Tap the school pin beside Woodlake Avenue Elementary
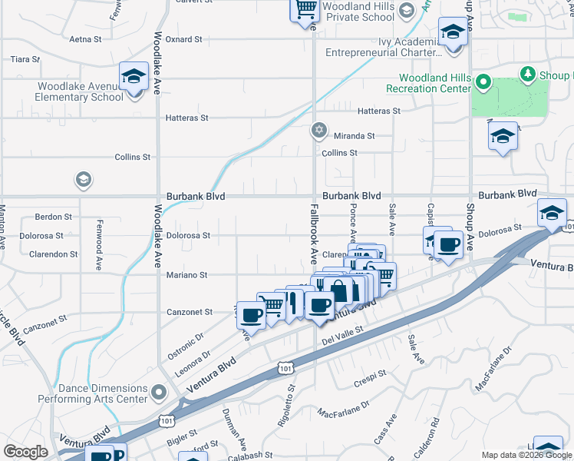tap(134, 78)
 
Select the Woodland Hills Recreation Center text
tap(434, 83)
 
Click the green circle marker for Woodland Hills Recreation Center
tap(483, 81)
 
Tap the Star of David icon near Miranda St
tap(319, 130)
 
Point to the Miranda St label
tap(354, 135)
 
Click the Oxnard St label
tap(183, 38)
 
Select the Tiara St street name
tap(25, 58)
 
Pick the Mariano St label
tap(188, 274)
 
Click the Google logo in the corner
tap(25, 452)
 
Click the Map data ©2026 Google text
tap(526, 455)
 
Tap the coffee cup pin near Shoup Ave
tap(448, 246)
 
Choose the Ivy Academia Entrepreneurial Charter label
tap(384, 47)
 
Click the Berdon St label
tap(53, 217)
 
